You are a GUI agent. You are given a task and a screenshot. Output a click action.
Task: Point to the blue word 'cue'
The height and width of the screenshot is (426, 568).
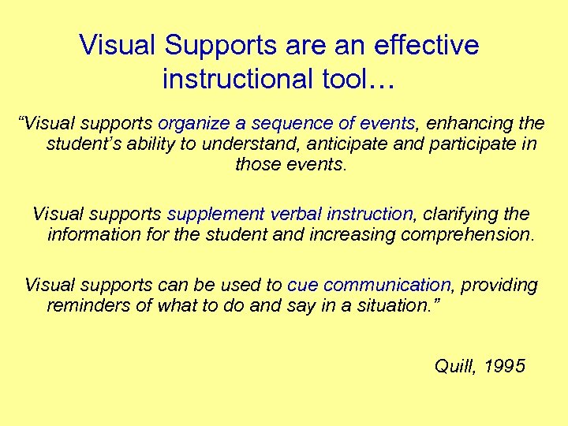302,285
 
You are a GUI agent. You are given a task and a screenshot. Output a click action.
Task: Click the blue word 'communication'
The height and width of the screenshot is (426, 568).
387,285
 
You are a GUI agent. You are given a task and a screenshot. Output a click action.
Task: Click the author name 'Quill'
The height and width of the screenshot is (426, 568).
455,366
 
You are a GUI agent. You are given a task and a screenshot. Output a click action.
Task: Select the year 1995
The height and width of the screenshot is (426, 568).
505,366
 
